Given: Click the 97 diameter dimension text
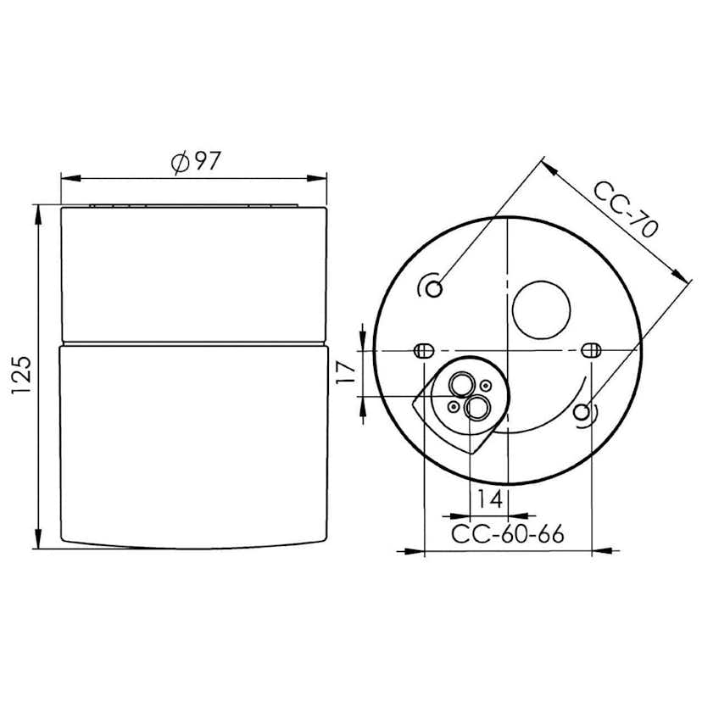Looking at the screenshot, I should click(206, 160).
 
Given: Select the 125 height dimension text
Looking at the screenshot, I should click(21, 375).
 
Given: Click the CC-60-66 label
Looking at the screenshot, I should click(507, 534).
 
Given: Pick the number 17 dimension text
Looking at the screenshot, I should click(345, 373).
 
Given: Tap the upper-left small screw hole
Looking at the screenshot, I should click(434, 289).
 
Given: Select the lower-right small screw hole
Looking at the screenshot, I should click(582, 412).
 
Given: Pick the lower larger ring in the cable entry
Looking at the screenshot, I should click(476, 409).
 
